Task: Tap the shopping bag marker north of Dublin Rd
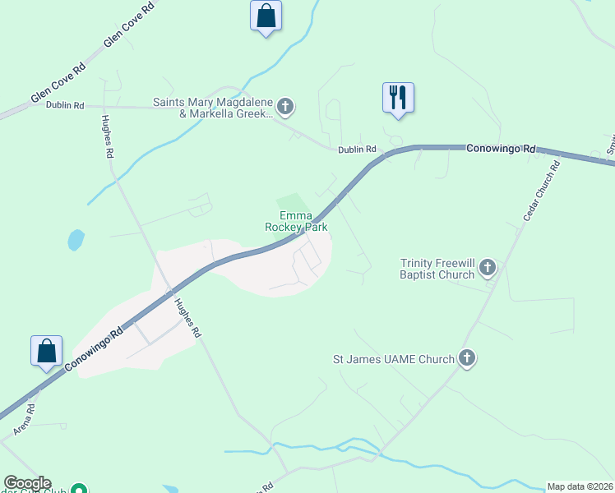(x=266, y=16)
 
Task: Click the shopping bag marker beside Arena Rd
(x=47, y=351)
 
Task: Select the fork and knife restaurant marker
(x=398, y=98)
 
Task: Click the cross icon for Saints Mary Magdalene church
(x=285, y=106)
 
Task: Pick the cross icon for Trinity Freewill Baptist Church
(x=488, y=267)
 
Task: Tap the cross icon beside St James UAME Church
(x=467, y=358)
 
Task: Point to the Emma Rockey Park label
(x=296, y=221)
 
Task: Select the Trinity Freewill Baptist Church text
(x=437, y=269)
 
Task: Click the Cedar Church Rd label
(x=542, y=190)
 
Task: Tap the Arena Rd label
(x=24, y=419)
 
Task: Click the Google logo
(x=26, y=483)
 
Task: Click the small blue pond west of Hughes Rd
(x=76, y=240)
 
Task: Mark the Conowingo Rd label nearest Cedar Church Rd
(x=501, y=149)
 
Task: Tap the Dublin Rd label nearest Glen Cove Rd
(x=65, y=105)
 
